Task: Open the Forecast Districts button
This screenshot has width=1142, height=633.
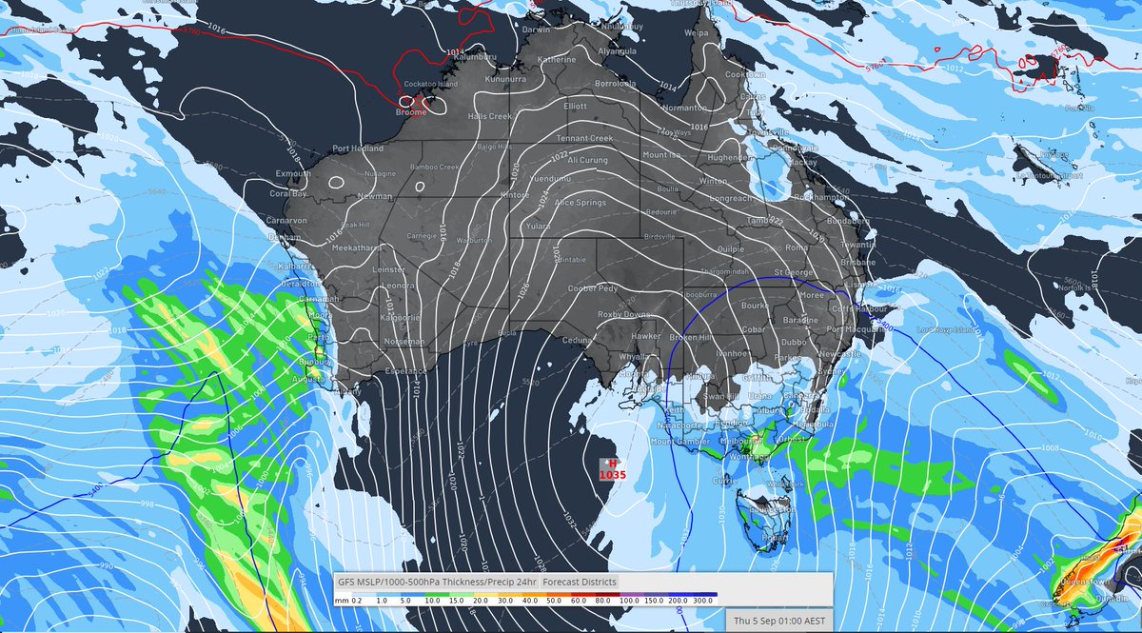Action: coord(580,582)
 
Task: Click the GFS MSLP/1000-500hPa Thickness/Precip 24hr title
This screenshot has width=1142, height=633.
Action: coord(436,582)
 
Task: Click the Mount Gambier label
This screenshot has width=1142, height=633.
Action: coord(677,441)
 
